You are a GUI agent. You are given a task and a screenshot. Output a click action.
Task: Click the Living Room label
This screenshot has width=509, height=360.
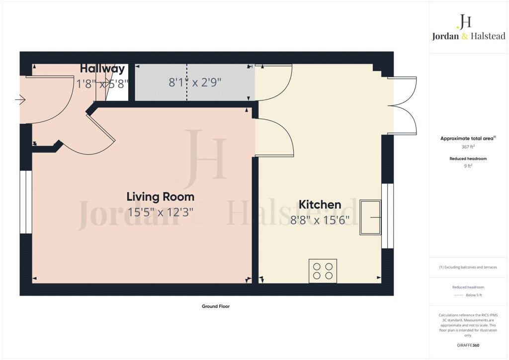click(160, 196)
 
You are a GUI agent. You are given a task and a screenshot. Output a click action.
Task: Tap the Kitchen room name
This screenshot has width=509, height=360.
click(320, 204)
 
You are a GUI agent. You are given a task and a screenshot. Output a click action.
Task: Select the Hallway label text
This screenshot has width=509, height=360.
click(102, 69)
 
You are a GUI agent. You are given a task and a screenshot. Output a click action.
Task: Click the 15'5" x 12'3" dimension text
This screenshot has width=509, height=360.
click(160, 211)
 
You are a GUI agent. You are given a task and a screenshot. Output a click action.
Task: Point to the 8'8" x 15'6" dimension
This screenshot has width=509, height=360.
click(320, 219)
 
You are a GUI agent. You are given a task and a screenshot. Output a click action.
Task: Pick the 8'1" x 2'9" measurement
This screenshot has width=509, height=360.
click(195, 83)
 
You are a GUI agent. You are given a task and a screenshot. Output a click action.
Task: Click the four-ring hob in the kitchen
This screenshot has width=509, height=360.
click(323, 271)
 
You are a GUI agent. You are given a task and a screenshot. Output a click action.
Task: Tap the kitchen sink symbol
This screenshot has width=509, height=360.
click(370, 217)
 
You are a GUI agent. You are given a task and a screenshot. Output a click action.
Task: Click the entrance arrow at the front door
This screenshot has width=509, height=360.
click(20, 101)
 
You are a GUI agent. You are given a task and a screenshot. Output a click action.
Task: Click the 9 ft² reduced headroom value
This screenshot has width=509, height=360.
click(467, 166)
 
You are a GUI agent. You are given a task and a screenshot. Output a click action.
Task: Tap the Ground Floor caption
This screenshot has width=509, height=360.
click(215, 306)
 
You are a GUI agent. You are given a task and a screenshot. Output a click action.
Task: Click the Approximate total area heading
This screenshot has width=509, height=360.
click(467, 139)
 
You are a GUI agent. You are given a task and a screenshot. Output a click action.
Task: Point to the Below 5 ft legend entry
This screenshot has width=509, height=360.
click(474, 295)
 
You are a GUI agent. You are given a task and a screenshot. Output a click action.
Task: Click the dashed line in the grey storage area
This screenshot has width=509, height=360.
click(187, 82)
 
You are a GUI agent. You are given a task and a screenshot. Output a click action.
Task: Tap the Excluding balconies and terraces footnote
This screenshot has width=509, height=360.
click(468, 268)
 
